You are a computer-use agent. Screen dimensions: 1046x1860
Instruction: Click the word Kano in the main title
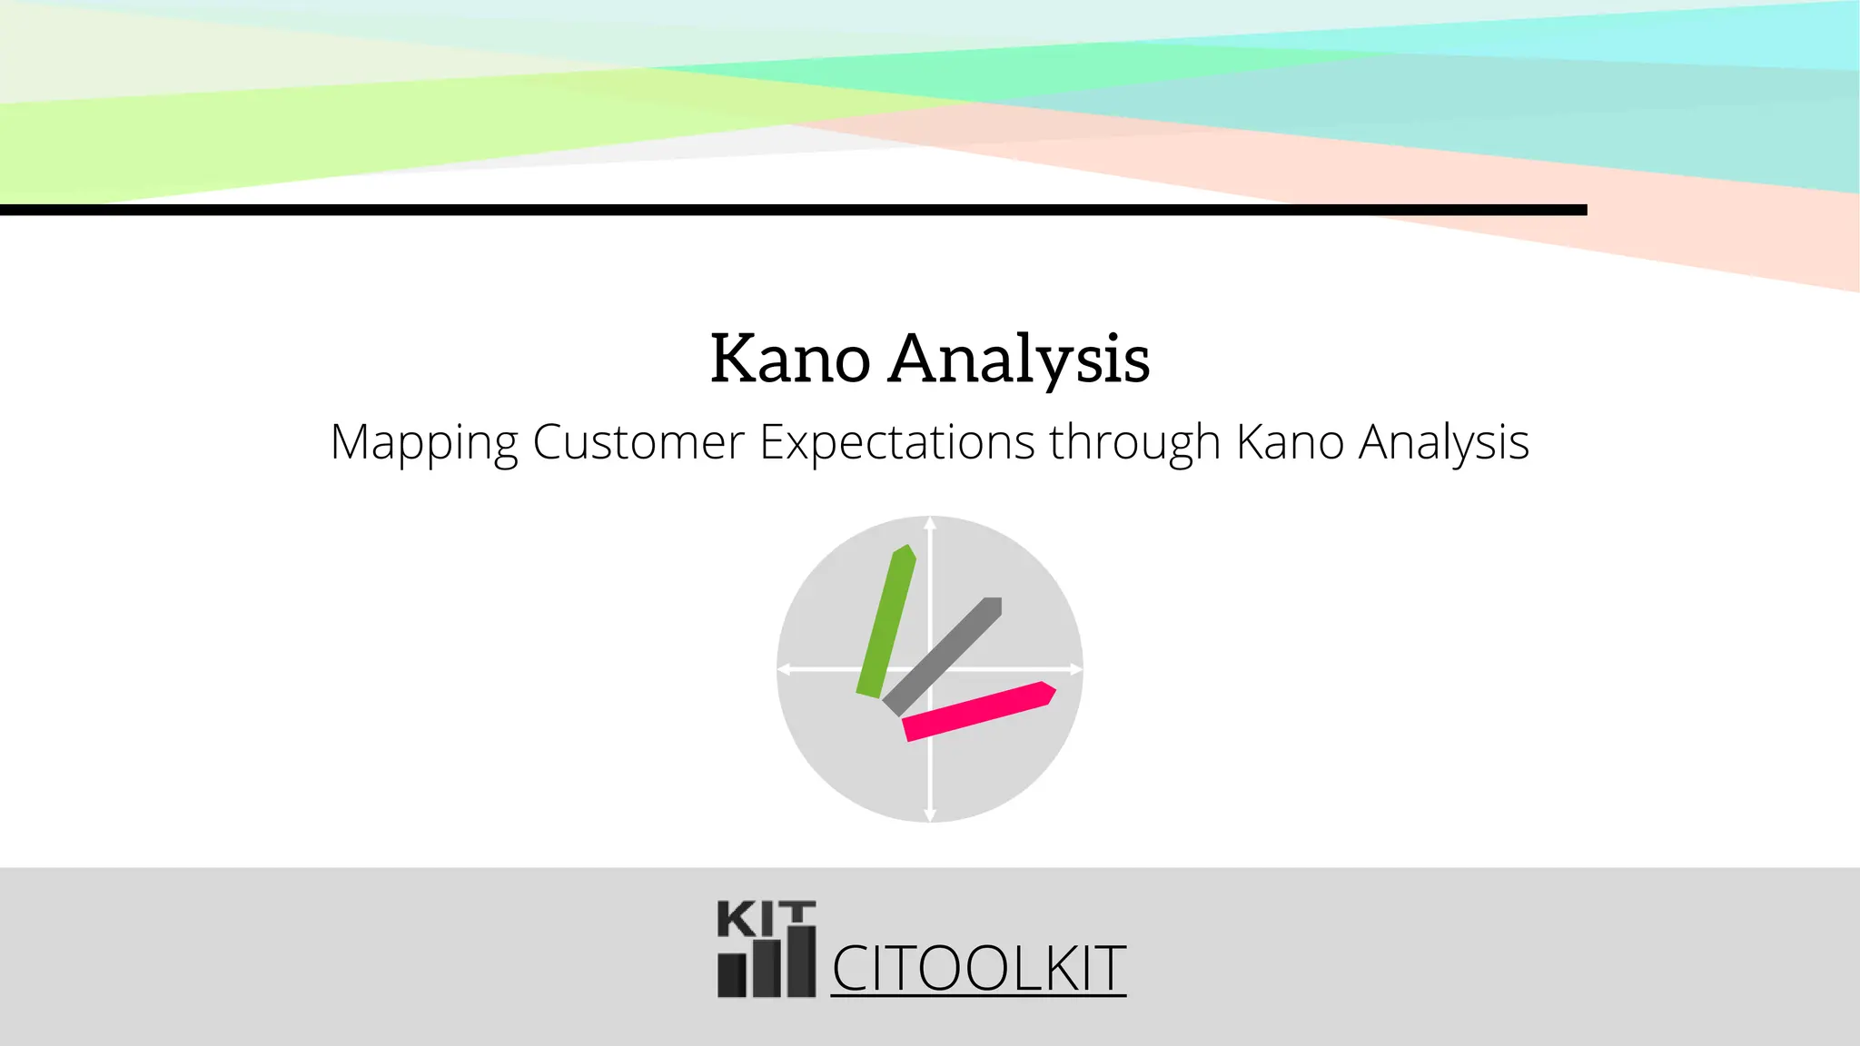(x=789, y=359)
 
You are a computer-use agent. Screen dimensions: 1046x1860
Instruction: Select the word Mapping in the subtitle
(x=424, y=444)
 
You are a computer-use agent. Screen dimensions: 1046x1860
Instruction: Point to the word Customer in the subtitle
(x=638, y=442)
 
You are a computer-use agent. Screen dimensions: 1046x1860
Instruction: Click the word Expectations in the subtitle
(x=896, y=442)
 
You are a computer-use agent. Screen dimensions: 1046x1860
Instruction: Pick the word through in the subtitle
(x=1134, y=444)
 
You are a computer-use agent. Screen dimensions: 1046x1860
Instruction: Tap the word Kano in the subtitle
(x=1290, y=442)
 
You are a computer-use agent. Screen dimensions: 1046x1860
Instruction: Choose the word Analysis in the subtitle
(x=1443, y=444)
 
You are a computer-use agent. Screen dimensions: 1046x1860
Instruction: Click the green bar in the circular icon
(x=886, y=621)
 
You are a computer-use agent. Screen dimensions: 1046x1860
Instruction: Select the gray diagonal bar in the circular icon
(x=942, y=656)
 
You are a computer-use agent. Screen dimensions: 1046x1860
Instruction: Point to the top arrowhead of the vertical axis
(x=930, y=523)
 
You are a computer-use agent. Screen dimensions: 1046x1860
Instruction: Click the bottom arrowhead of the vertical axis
(x=930, y=814)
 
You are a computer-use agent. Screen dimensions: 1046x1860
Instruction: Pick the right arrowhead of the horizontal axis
(x=1075, y=669)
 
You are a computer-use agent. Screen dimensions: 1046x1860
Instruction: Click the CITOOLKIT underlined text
(x=978, y=969)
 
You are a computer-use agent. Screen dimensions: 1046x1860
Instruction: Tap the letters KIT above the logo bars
(x=766, y=919)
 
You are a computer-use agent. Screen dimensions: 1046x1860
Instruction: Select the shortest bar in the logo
(x=732, y=974)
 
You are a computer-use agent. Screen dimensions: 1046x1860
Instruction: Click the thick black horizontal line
(x=793, y=210)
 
